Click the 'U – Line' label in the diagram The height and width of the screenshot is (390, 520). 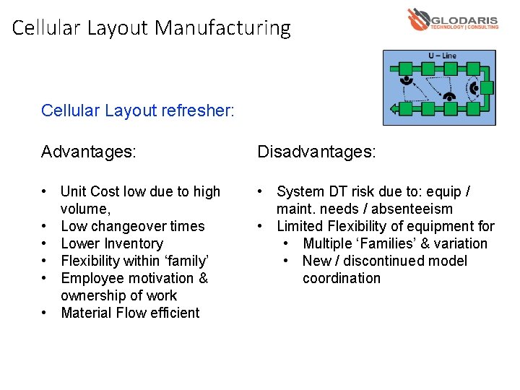click(x=442, y=56)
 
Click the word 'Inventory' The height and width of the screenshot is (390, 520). click(x=132, y=244)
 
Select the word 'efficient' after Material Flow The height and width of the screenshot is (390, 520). click(x=173, y=313)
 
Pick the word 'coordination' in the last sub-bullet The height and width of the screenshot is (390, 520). click(x=341, y=279)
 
